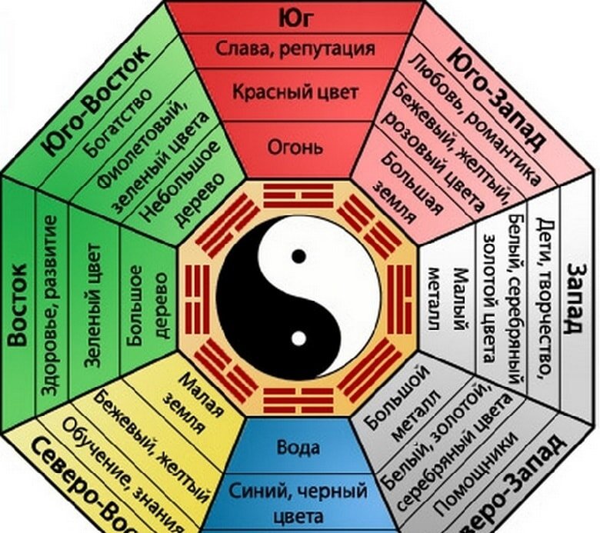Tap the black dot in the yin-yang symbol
click(298, 254)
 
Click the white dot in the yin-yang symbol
click(298, 337)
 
